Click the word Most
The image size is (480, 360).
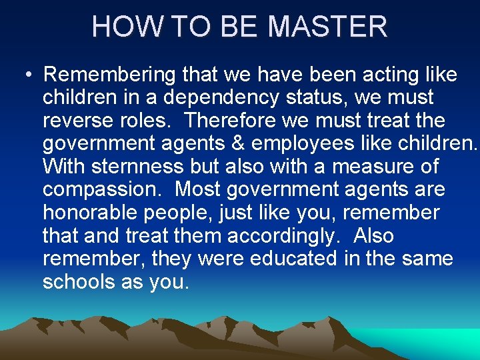(198, 189)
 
